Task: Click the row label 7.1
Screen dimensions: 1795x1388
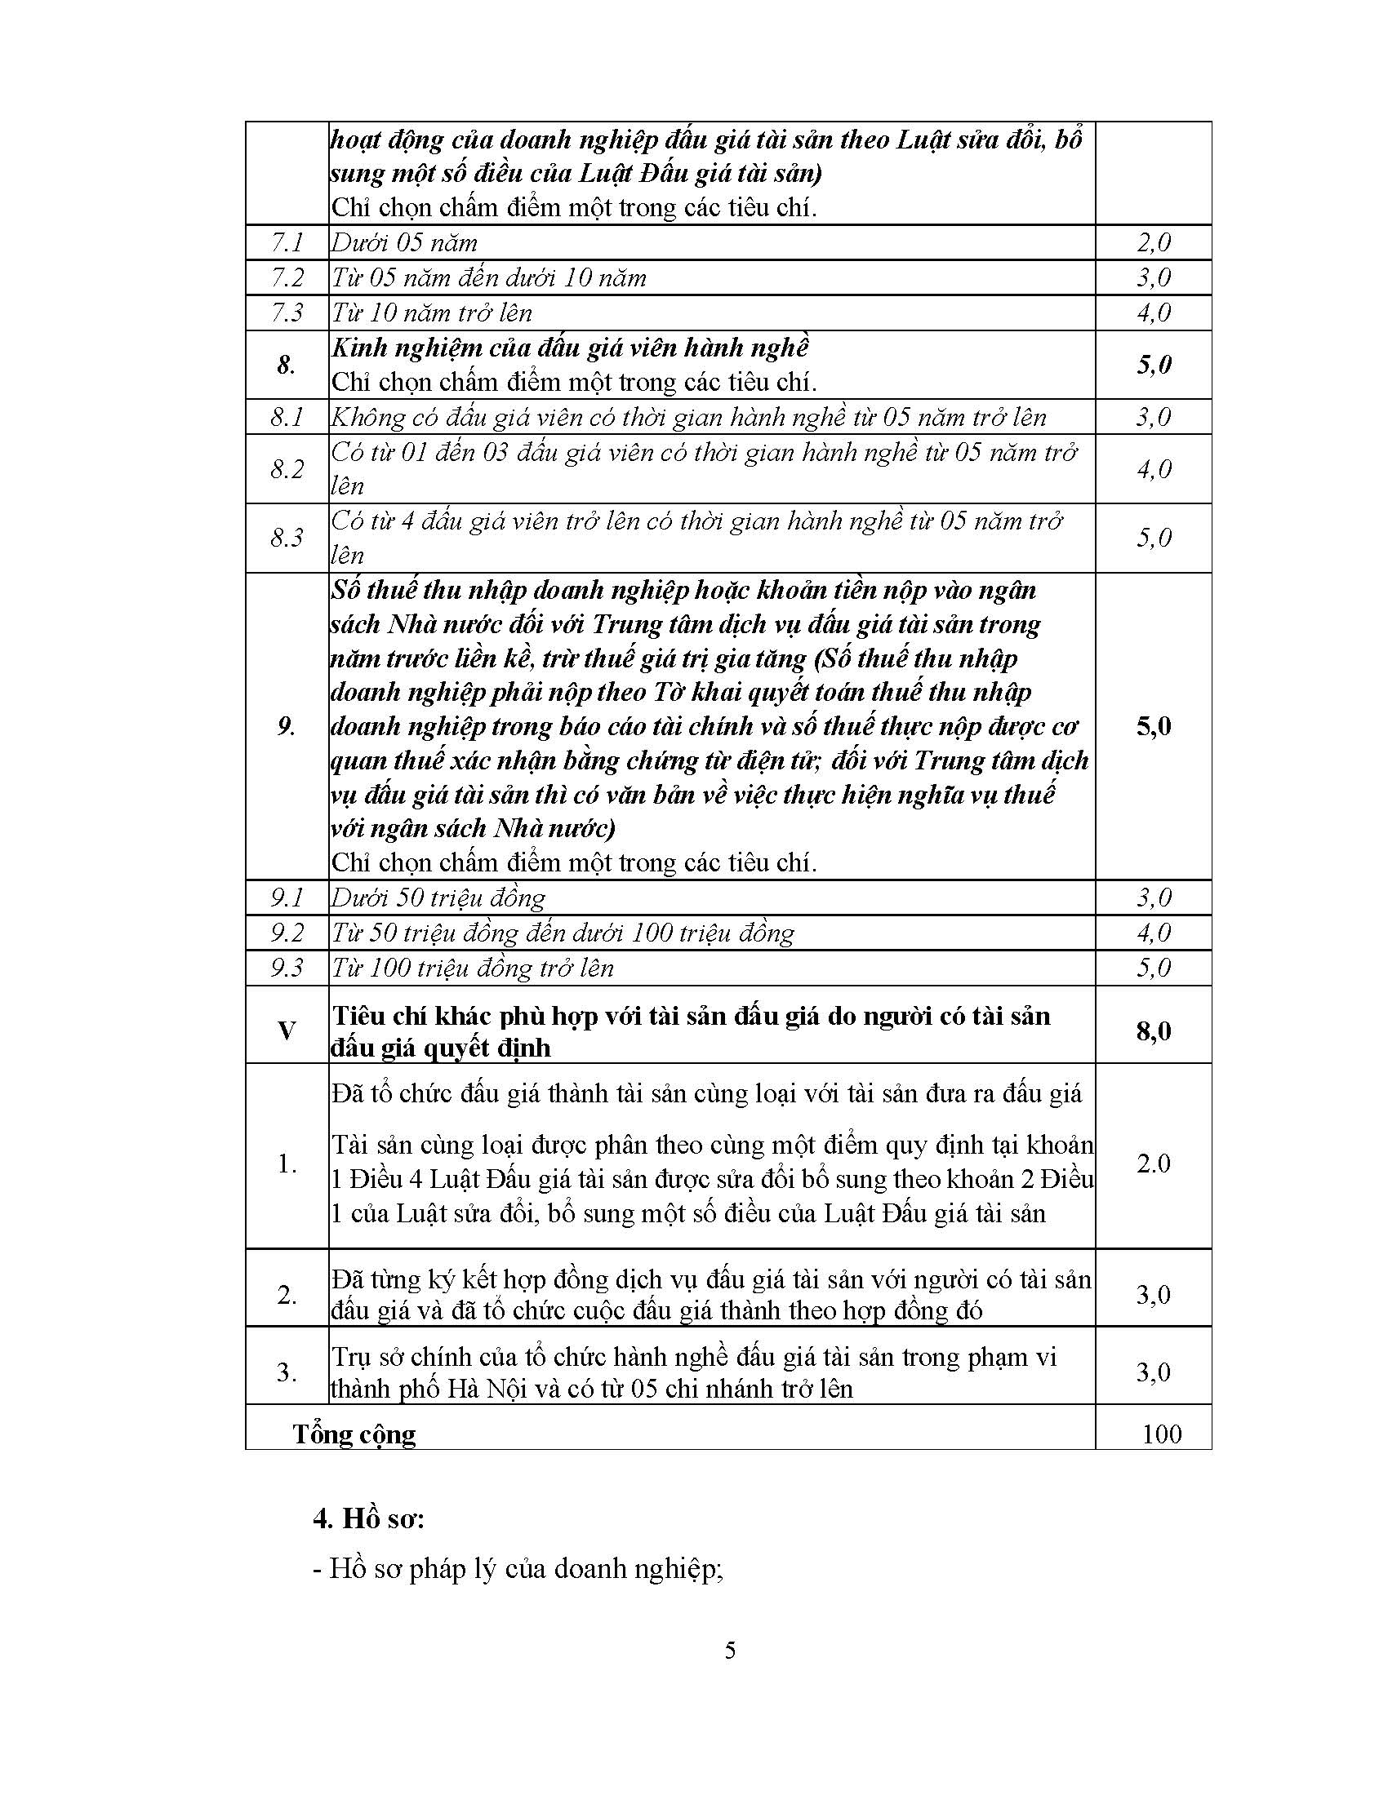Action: pos(287,242)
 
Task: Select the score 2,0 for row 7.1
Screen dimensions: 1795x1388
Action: pos(1154,242)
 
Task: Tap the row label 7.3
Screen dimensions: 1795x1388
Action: pos(287,312)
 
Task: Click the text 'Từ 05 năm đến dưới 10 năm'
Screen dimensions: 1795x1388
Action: pos(488,277)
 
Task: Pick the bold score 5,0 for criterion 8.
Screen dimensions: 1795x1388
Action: pos(1154,364)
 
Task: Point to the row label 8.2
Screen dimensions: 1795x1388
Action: pos(287,468)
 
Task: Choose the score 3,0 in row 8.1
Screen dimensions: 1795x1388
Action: pos(1154,417)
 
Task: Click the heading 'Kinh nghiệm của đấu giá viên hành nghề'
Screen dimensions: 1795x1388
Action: pos(570,348)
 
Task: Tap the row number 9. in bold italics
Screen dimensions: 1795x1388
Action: pos(286,725)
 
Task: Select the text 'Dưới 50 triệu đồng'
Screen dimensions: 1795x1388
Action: pos(438,897)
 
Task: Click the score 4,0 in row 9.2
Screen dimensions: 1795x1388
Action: pos(1154,933)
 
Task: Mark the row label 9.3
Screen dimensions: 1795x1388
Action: pos(287,968)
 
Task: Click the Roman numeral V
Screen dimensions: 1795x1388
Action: pos(287,1030)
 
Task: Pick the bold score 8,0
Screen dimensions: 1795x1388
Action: pos(1154,1030)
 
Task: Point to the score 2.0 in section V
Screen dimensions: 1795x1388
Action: pos(1154,1163)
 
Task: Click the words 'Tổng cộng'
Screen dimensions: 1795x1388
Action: pos(354,1434)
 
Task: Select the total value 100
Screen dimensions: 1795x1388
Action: pos(1161,1434)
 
